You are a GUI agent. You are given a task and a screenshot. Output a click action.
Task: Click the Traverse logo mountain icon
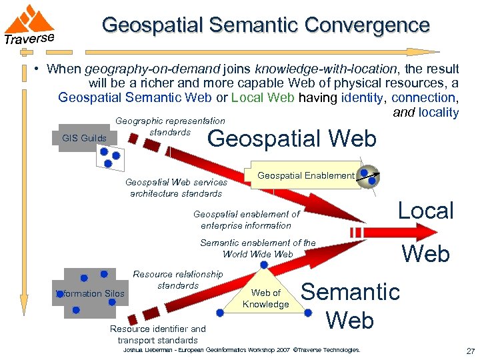coord(30,18)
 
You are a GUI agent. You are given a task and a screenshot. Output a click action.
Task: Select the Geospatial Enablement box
coord(305,176)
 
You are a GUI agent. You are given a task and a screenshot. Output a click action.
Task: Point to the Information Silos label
coord(90,293)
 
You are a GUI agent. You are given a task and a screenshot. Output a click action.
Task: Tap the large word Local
coord(425,211)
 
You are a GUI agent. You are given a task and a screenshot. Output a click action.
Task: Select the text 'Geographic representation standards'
coord(171,127)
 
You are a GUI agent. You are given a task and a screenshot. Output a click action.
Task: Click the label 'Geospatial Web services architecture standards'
coord(176,187)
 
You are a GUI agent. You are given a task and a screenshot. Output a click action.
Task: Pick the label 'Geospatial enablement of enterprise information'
coord(246,219)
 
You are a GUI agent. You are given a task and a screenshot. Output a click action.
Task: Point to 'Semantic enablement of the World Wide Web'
coord(258,248)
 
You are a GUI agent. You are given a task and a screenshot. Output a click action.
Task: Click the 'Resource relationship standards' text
coord(178,279)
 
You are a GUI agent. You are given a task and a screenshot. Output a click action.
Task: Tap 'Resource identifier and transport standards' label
coord(157,334)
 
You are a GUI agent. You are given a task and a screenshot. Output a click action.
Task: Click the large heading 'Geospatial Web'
coord(292,139)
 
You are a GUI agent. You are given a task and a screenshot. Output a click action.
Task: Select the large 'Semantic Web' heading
coord(351,305)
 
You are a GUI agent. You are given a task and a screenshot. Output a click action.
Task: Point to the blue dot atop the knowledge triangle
coord(264,265)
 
